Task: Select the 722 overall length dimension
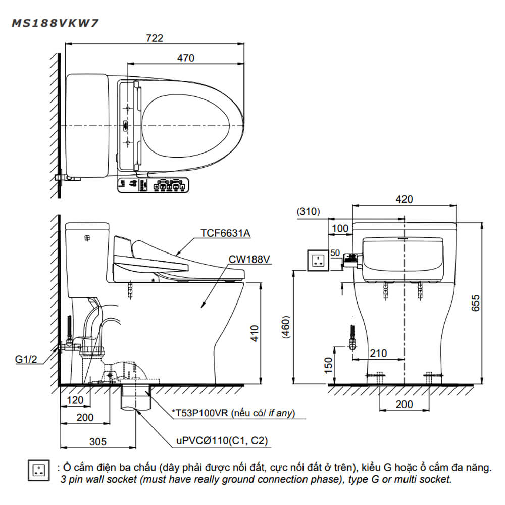pos(155,38)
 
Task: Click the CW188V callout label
pos(249,259)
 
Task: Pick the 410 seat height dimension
pos(255,333)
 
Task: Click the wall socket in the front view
pos(318,260)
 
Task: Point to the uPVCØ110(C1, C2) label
pos(222,441)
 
